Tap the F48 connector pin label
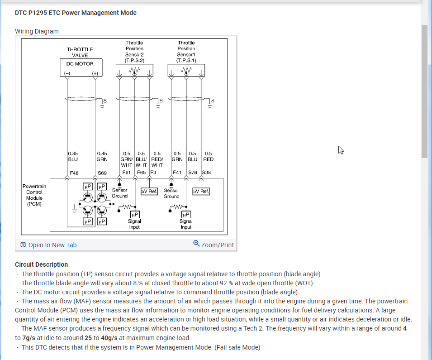point(74,173)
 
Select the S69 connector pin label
point(102,173)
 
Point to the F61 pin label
point(127,173)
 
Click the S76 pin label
point(192,173)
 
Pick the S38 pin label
point(206,173)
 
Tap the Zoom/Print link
point(214,245)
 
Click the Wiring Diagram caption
point(37,31)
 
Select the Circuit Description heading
point(41,264)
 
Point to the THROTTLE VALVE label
point(80,52)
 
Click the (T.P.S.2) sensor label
point(134,60)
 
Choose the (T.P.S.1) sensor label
point(186,60)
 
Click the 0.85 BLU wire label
point(72,156)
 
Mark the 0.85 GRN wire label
point(102,156)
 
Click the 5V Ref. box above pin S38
point(201,191)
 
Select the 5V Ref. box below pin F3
point(149,191)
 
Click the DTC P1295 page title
point(76,13)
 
